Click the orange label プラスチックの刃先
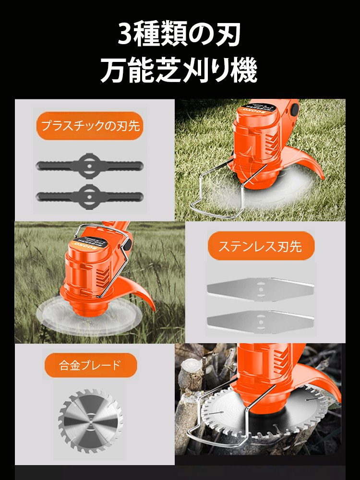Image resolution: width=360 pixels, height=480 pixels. (x=90, y=126)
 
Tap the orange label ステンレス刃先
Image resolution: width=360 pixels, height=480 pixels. (x=260, y=246)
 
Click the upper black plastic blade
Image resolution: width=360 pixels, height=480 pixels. (x=90, y=166)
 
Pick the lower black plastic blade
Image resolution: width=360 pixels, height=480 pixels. (x=90, y=195)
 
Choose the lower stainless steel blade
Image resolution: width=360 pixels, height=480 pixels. (x=260, y=320)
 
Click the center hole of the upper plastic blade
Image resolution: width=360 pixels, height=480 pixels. (x=90, y=166)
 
